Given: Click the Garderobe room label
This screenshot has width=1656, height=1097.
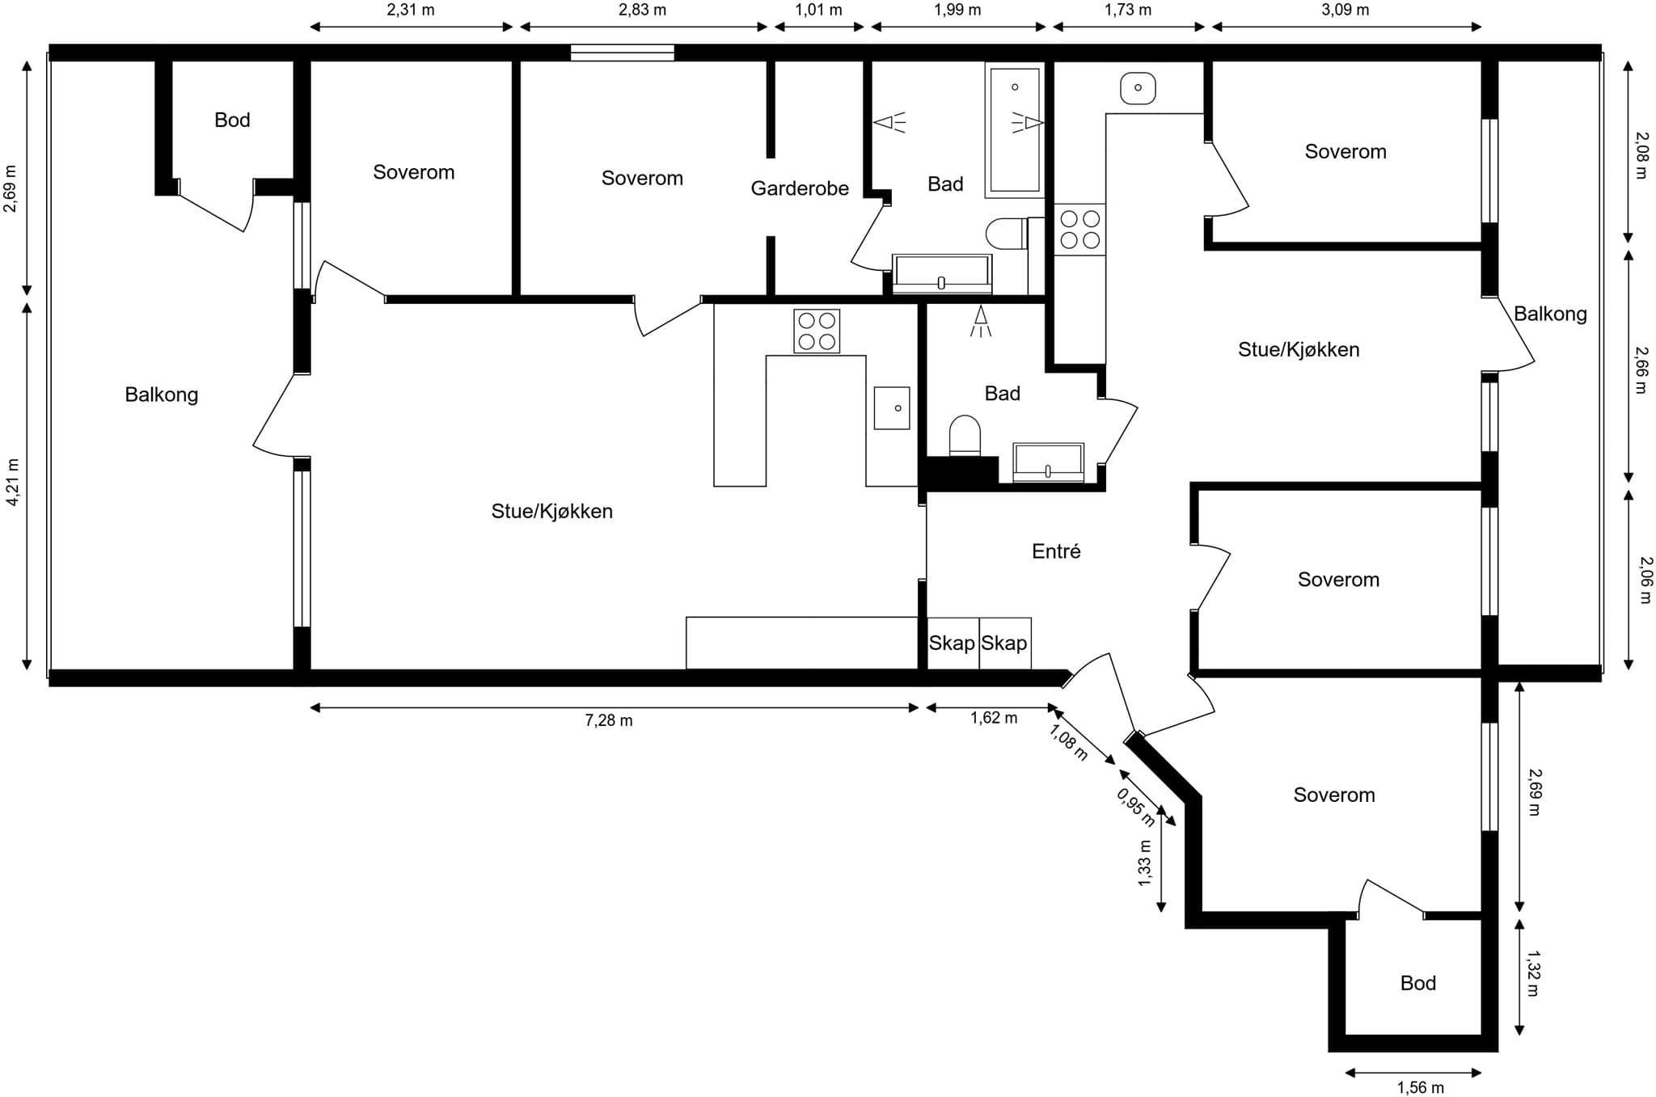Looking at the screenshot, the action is pos(800,188).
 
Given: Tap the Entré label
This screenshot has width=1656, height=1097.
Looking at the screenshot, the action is pos(1056,551).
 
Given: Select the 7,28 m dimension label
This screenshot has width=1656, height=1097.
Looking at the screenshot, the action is pos(609,720).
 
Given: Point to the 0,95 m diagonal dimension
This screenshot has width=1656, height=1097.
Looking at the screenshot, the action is pos(1136,807).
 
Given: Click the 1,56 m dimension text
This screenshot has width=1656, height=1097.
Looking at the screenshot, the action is pos(1420,1087).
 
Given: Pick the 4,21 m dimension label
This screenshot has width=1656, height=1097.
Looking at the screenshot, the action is pos(12,483).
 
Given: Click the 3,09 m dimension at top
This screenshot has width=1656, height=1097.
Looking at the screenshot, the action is pos(1345,10).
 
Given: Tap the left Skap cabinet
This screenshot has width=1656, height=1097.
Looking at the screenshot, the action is pos(953,643).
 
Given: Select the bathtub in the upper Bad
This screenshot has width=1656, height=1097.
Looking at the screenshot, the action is pos(1015,130).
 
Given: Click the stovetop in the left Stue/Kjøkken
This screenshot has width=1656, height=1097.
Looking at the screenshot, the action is pos(817,331).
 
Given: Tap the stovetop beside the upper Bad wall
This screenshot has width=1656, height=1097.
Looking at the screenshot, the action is pos(1079,230).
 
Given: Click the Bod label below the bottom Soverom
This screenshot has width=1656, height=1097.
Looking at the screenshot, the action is pos(1418,983).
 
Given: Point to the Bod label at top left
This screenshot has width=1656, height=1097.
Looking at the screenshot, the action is pos(232,120).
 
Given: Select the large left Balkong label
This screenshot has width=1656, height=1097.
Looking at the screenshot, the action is pos(161,394).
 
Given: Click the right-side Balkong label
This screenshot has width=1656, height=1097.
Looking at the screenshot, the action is pos(1550,314).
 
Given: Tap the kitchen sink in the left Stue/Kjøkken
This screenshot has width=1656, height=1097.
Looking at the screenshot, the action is pos(892,407).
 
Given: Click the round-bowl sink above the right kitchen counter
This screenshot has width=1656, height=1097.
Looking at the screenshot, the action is pos(1138,87).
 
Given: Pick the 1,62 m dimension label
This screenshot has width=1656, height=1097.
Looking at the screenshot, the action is pos(994,718).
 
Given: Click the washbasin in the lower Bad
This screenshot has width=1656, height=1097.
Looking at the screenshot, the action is pos(1048,462).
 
